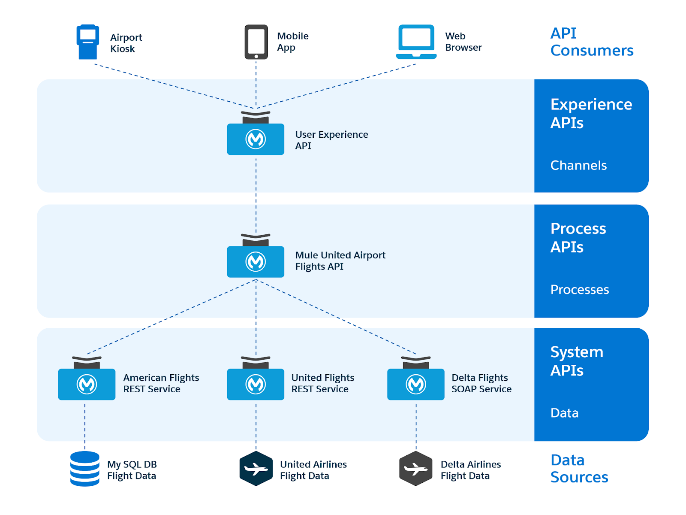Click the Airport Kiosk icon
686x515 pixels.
[x=87, y=42]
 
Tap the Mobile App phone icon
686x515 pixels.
[x=256, y=42]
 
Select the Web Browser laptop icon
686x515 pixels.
[x=416, y=42]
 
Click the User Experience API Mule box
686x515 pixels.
[x=256, y=138]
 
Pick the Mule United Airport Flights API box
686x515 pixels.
[x=256, y=261]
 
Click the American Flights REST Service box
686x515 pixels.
[x=87, y=384]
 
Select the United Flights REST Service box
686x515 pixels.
[x=256, y=384]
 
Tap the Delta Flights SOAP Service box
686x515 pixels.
[x=415, y=384]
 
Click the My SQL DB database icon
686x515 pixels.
[x=85, y=468]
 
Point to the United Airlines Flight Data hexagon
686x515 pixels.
[x=256, y=468]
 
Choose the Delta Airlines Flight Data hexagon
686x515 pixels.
[x=415, y=468]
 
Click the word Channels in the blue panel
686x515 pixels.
[x=578, y=165]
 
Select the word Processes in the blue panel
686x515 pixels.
[x=579, y=290]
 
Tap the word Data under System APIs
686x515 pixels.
[x=564, y=413]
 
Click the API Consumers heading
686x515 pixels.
[x=591, y=42]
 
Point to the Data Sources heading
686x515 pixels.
[x=579, y=468]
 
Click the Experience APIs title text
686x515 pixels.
[x=591, y=113]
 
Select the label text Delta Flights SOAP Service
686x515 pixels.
[x=481, y=383]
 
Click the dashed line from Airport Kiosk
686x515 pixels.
[x=171, y=85]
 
